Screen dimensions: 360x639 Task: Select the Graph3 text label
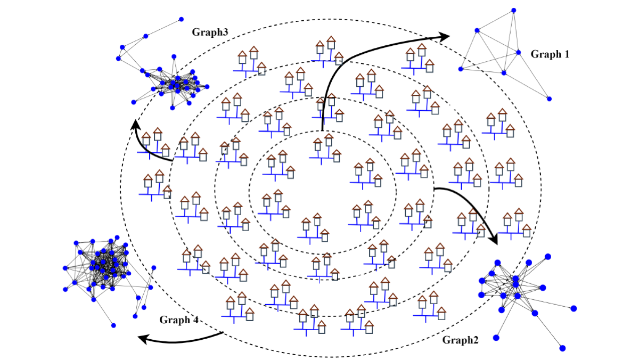tap(210, 32)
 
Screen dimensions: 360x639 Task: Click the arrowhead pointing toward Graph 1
tap(445, 36)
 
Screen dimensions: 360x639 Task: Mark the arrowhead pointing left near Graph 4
tap(142, 338)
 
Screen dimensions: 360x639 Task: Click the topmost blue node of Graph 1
tap(514, 10)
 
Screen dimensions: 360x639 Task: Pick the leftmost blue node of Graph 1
tap(461, 69)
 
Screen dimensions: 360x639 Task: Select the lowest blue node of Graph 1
tap(549, 99)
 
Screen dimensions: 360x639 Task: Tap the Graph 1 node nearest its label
tap(518, 52)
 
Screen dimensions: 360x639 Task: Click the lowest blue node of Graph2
tap(562, 348)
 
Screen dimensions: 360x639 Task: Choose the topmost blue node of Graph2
tap(548, 256)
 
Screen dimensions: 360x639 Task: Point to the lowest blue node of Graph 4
tap(113, 325)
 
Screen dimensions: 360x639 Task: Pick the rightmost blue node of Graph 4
tap(154, 267)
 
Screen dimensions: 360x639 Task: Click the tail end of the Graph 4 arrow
tap(222, 332)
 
